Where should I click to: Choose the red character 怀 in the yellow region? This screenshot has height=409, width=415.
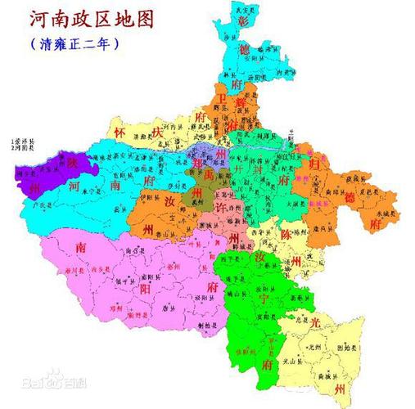click(x=121, y=132)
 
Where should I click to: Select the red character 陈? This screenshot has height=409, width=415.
click(x=286, y=235)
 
